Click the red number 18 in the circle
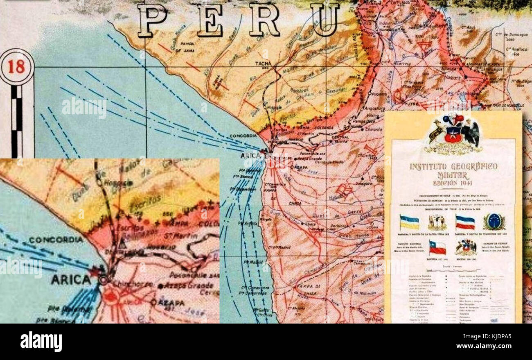(x=16, y=67)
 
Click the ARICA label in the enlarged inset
(x=71, y=280)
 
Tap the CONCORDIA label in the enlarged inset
(x=56, y=240)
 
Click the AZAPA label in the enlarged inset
(x=171, y=303)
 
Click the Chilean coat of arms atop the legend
(x=453, y=134)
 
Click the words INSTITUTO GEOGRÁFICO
(x=453, y=166)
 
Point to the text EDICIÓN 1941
(x=452, y=183)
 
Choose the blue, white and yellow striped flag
(x=409, y=222)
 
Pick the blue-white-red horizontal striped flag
(x=465, y=222)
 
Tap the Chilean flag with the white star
(x=437, y=247)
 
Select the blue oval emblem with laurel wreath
(x=494, y=222)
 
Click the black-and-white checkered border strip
(x=16, y=121)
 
